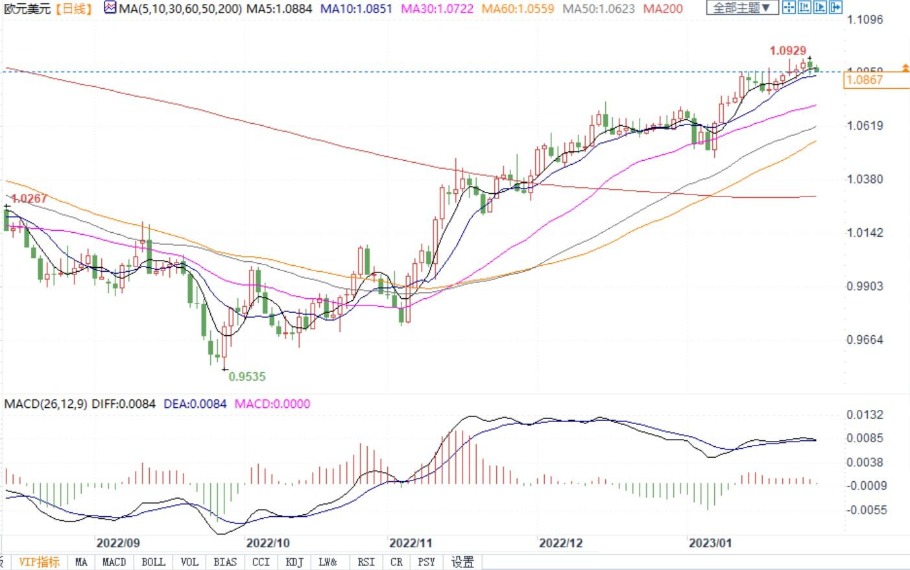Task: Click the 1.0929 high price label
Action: (x=788, y=51)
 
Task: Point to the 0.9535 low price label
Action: (x=247, y=376)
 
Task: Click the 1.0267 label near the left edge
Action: (x=29, y=198)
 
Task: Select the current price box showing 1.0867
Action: (x=865, y=80)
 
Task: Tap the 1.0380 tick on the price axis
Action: (x=865, y=179)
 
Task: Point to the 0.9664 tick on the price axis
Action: (x=865, y=340)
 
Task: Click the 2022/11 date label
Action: (x=411, y=543)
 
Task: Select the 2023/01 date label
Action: (x=710, y=543)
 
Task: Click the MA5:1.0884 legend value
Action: (x=280, y=9)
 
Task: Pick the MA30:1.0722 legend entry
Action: (x=437, y=9)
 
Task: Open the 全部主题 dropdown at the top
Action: (x=742, y=8)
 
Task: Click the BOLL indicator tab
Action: (x=153, y=562)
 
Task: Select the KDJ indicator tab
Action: (x=294, y=562)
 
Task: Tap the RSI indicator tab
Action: (x=366, y=562)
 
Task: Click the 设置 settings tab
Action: (x=462, y=562)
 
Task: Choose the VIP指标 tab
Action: (x=39, y=562)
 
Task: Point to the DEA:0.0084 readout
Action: (x=195, y=404)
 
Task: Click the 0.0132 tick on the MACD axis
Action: (x=865, y=415)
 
